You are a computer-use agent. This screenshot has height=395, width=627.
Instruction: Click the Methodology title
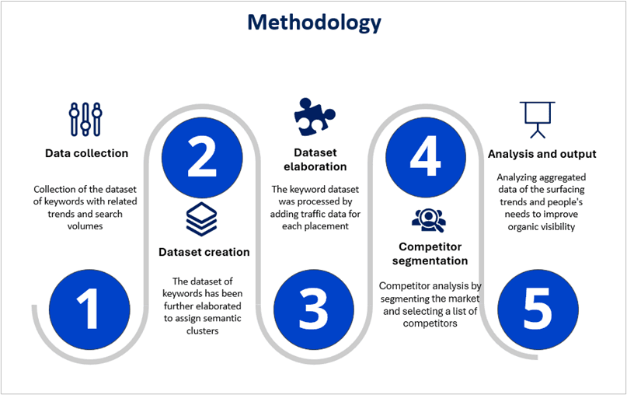[x=314, y=22]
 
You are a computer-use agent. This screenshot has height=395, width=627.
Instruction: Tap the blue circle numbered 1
[x=89, y=309]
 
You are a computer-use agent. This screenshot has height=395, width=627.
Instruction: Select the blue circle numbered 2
[x=202, y=157]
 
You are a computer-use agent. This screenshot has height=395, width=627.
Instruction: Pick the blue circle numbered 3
[x=314, y=309]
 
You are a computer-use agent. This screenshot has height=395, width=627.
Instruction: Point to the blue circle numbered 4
[x=426, y=157]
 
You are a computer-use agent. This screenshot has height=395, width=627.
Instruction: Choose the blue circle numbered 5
[x=538, y=309]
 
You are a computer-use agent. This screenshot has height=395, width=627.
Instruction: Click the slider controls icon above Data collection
[x=85, y=119]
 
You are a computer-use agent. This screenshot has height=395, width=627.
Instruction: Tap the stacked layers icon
[x=201, y=219]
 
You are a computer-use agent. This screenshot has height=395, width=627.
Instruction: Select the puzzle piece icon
[x=315, y=117]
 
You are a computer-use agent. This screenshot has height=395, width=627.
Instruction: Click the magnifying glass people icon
[x=429, y=221]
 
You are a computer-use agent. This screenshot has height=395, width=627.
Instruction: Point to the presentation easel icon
[x=538, y=120]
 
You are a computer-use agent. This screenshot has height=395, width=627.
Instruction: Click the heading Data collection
[x=86, y=153]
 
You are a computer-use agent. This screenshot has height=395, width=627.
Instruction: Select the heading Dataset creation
[x=204, y=252]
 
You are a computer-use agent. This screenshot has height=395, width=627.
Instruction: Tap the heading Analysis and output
[x=542, y=154]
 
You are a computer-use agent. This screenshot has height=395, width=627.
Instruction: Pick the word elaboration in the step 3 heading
[x=315, y=166]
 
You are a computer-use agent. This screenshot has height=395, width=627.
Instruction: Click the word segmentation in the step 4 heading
[x=430, y=261]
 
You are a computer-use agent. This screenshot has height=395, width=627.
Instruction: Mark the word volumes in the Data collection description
[x=85, y=226]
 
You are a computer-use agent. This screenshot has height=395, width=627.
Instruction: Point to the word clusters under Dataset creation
[x=202, y=331]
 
